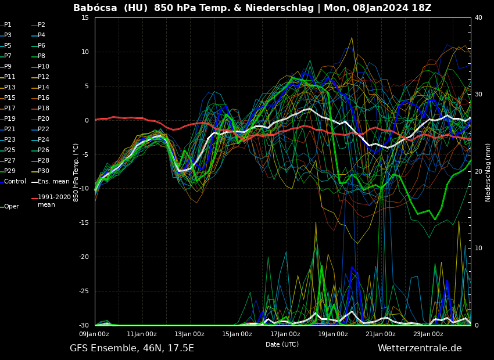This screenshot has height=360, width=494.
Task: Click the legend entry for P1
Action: pos(8,25)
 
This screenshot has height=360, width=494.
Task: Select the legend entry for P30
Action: pos(43,171)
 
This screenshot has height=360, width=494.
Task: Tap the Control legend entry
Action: pos(15,182)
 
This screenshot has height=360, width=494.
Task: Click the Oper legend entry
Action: pos(11,207)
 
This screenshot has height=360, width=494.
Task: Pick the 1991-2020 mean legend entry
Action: pos(54,201)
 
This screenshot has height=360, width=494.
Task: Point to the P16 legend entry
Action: pos(43,98)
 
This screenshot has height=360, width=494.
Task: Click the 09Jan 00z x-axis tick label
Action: pos(94,334)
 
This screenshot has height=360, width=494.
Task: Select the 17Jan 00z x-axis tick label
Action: pos(285,334)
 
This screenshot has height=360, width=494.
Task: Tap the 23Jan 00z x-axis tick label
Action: pos(428,334)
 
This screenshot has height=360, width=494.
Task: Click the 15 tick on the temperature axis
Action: pos(85,18)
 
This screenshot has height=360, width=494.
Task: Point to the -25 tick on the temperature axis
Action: pos(83,291)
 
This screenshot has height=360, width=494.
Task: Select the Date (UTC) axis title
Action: pos(282,344)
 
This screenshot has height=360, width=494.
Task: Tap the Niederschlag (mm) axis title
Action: pos(488,172)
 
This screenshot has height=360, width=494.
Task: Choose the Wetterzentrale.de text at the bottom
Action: pos(420,348)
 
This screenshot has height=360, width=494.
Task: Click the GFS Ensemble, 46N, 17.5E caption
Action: pos(132,348)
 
